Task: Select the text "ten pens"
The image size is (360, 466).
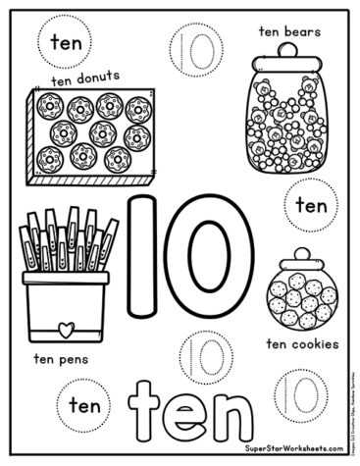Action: click(62, 358)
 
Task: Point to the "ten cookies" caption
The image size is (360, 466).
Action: click(302, 344)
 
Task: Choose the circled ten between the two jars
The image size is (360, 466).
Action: click(310, 206)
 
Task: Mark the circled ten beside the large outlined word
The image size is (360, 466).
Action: click(84, 403)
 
